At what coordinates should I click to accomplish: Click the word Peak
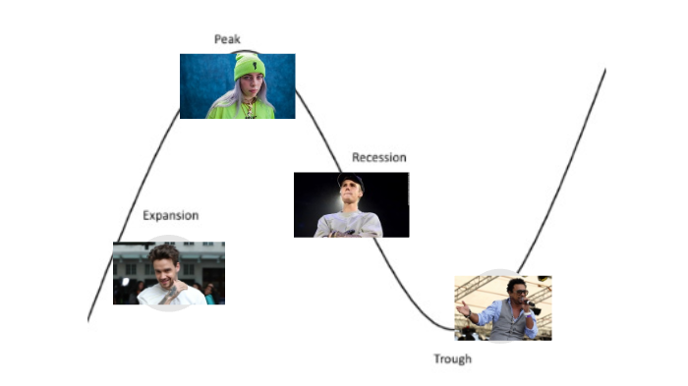coord(227,38)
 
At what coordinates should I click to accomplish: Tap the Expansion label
coord(170,215)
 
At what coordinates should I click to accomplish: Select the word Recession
coord(378,157)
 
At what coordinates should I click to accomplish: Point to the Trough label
coord(452,358)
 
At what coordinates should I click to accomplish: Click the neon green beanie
coord(249,68)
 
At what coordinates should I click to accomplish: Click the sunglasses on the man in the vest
coord(515,292)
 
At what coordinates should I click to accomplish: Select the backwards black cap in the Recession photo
coord(351,183)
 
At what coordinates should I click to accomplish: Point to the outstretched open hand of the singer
coord(462,307)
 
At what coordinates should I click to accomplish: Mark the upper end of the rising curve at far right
coord(603,71)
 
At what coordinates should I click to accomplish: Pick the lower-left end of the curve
coord(89,318)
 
